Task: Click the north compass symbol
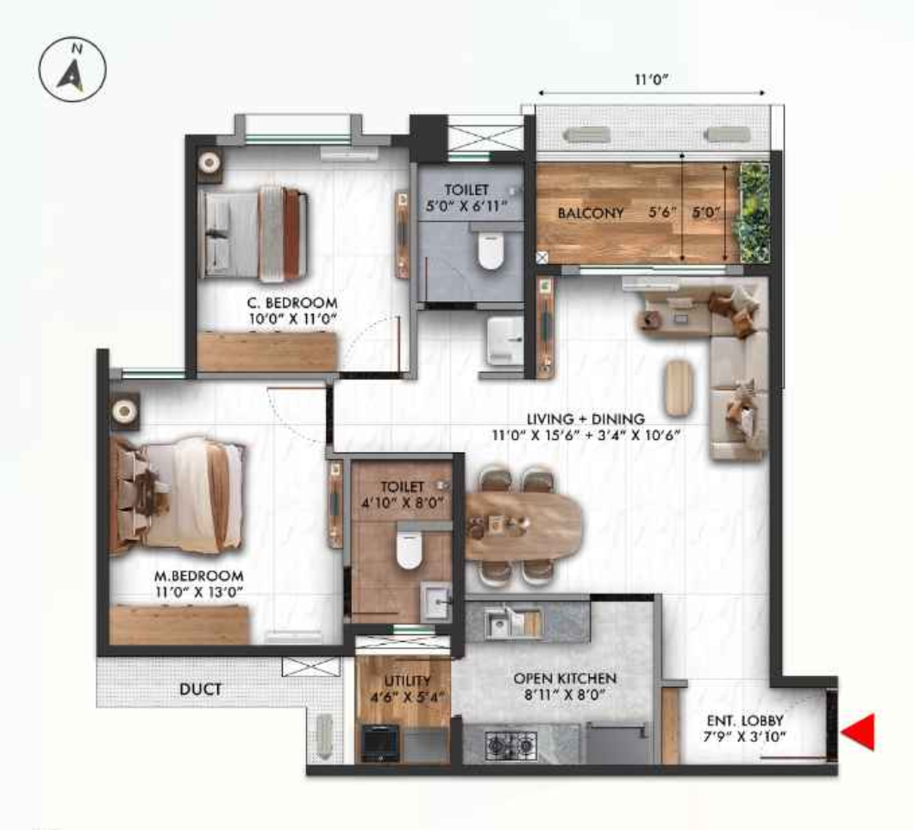(72, 69)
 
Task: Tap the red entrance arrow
(858, 732)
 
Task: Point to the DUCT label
(201, 689)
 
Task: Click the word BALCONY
(591, 213)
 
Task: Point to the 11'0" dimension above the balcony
(651, 79)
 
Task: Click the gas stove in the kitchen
(510, 745)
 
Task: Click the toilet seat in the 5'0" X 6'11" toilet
(491, 250)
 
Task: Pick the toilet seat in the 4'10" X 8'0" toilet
(409, 549)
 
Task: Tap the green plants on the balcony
(754, 212)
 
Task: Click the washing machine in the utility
(380, 743)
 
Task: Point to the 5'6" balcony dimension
(661, 213)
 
